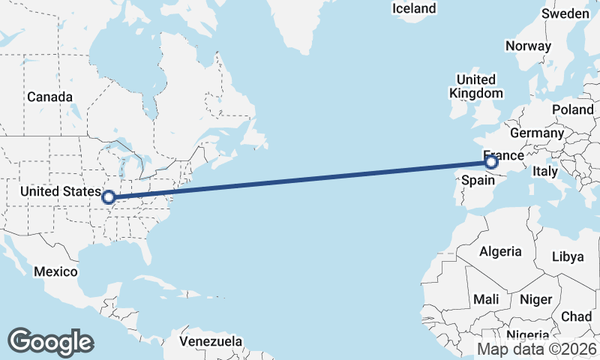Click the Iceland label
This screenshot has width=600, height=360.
coord(414,8)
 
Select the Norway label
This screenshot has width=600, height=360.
coord(528,46)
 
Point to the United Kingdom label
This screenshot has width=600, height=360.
coord(475,86)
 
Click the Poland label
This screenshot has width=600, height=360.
coord(572,109)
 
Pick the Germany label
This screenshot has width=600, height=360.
coord(536,133)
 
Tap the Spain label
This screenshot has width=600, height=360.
coord(477,181)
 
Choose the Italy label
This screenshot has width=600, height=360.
coord(545,172)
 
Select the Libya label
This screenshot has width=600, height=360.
coord(567,256)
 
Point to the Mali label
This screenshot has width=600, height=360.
coord(486,299)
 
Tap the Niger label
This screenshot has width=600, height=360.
coord(535,299)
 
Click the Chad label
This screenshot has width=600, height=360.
coord(576,316)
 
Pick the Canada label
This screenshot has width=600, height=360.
coord(49,97)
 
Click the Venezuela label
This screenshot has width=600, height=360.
coord(211,341)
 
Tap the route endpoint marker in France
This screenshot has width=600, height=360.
coord(491,162)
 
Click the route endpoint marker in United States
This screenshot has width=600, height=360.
coord(109,197)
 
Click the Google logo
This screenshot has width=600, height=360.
coord(50,342)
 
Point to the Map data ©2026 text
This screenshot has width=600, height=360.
coord(537,349)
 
